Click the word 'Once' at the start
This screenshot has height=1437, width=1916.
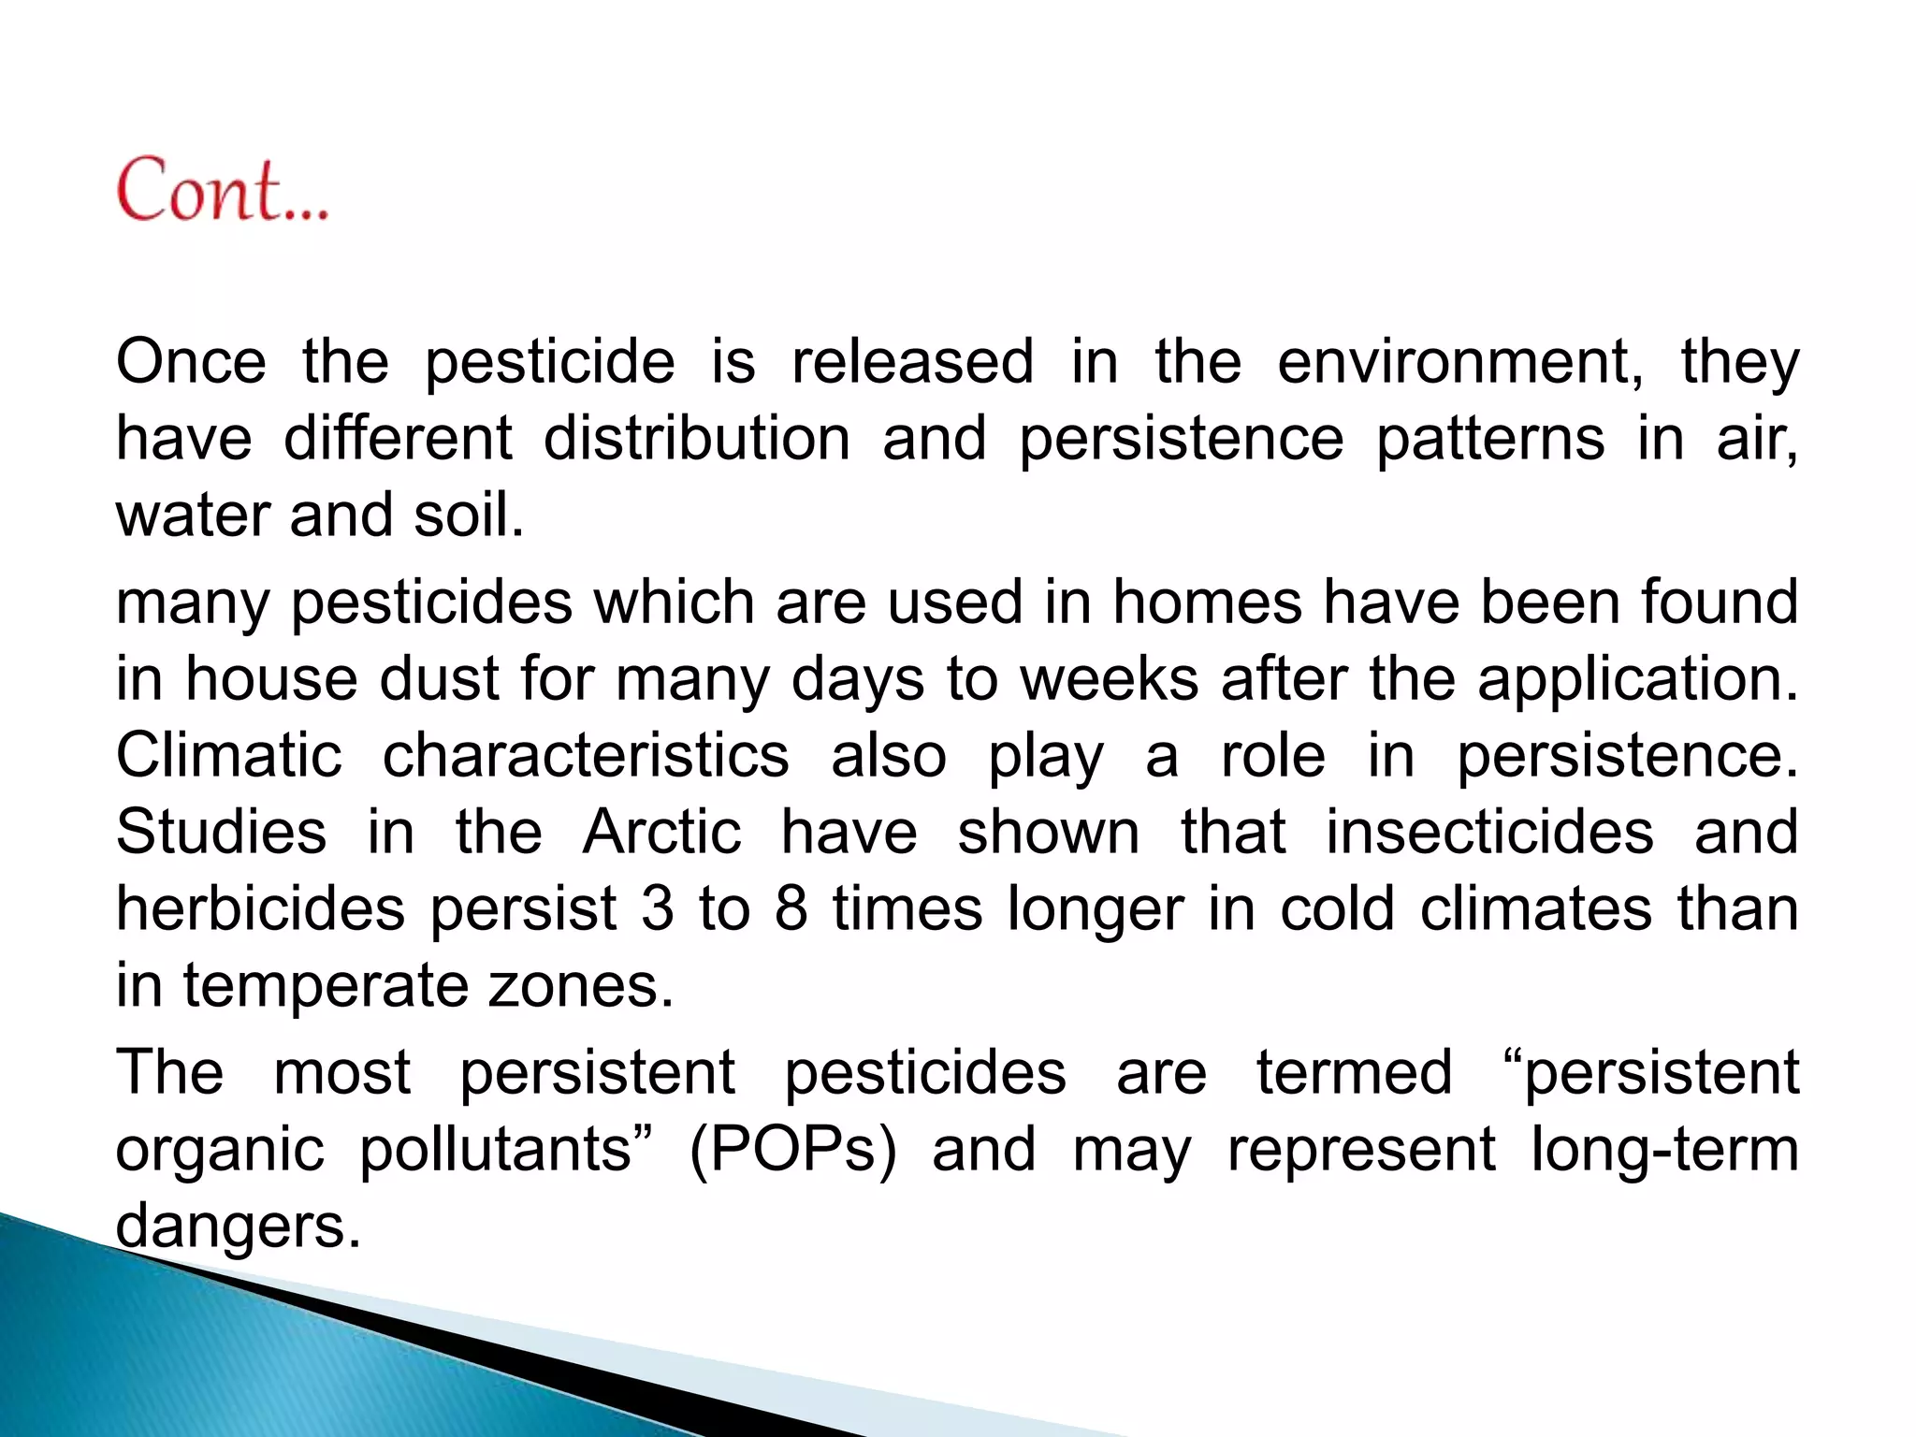[x=191, y=362]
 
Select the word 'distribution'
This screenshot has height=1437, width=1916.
[x=696, y=439]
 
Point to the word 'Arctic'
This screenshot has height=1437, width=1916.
[x=661, y=832]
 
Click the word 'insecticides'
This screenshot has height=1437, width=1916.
[x=1489, y=832]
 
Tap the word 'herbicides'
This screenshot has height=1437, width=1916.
[x=260, y=908]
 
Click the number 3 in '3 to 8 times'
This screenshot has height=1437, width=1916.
[x=657, y=908]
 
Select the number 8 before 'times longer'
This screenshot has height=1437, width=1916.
[x=791, y=908]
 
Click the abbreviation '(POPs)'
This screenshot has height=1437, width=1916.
[x=792, y=1150]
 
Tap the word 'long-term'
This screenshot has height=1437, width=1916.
[x=1664, y=1150]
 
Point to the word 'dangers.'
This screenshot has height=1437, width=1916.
[x=238, y=1227]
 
